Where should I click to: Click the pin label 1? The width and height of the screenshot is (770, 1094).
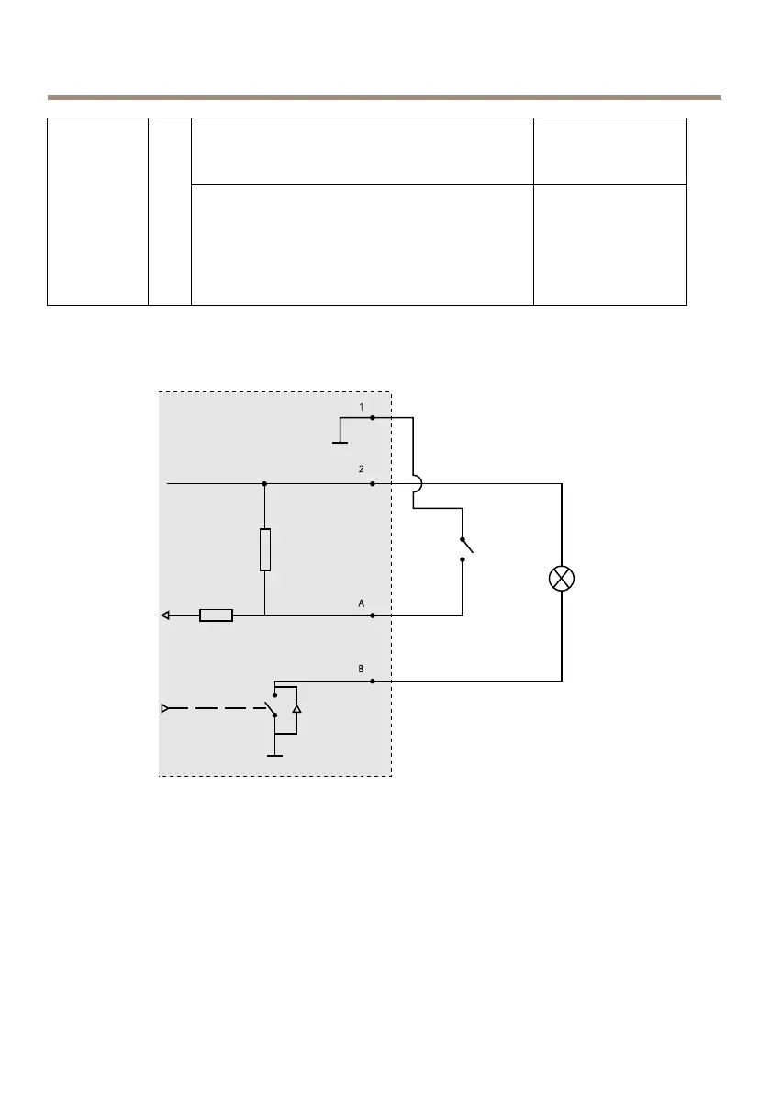tap(362, 406)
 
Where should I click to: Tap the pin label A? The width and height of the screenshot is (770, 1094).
tap(362, 603)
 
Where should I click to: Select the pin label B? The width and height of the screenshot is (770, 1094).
tap(362, 670)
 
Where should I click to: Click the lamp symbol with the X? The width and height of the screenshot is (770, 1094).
tap(561, 579)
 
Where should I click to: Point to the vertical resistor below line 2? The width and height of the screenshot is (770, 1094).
tap(264, 549)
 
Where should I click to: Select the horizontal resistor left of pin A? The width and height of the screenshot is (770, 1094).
tap(216, 615)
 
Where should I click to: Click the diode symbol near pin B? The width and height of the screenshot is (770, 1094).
tap(296, 709)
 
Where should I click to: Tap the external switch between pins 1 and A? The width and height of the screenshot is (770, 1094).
tap(465, 547)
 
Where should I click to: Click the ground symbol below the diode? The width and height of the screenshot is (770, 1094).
tap(273, 756)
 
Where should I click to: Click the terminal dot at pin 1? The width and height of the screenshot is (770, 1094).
tap(372, 417)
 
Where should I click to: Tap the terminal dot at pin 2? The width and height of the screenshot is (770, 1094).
tap(372, 483)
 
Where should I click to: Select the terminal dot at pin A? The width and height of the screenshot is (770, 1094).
tap(372, 615)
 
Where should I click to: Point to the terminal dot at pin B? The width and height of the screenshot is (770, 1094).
tap(372, 682)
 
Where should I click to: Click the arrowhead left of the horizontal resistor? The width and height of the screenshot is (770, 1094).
tap(166, 615)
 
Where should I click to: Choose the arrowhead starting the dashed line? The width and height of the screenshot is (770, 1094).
tap(166, 708)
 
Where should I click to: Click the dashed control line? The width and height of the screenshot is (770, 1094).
tap(216, 708)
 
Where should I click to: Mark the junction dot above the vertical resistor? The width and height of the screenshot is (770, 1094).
tap(264, 483)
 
